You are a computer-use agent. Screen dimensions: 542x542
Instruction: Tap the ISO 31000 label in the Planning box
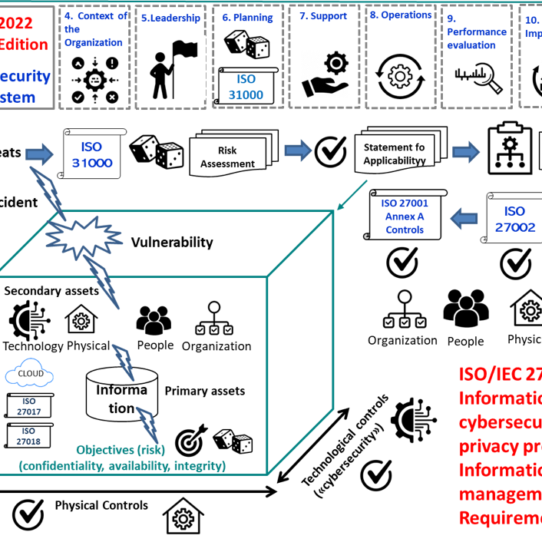click(246, 88)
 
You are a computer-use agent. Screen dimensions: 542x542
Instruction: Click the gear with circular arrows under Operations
click(399, 76)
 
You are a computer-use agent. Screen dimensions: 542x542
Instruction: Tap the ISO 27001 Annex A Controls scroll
click(405, 216)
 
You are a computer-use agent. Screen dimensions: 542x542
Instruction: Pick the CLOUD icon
click(30, 375)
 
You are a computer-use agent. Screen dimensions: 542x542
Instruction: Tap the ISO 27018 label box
click(29, 436)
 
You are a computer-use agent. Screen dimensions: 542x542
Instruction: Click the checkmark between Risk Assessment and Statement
click(331, 151)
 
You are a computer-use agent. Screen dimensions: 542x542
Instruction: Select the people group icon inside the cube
click(153, 319)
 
